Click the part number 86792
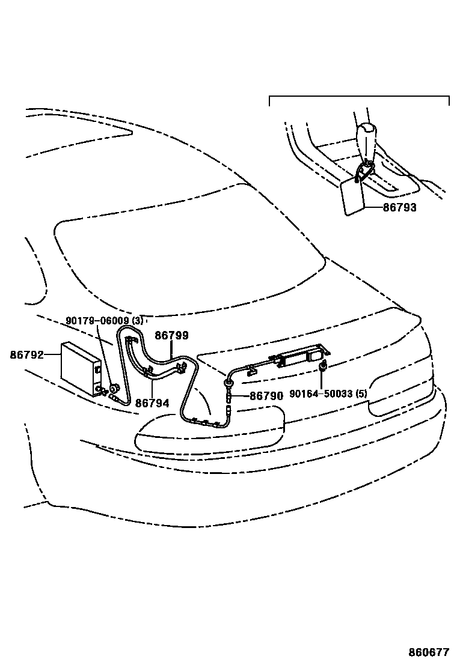pyautogui.click(x=26, y=355)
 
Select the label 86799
pyautogui.click(x=171, y=336)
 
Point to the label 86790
pyautogui.click(x=266, y=396)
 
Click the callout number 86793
pyautogui.click(x=399, y=207)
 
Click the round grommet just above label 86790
pyautogui.click(x=229, y=383)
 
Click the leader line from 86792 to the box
pyautogui.click(x=53, y=355)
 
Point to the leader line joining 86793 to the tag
pyautogui.click(x=373, y=207)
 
